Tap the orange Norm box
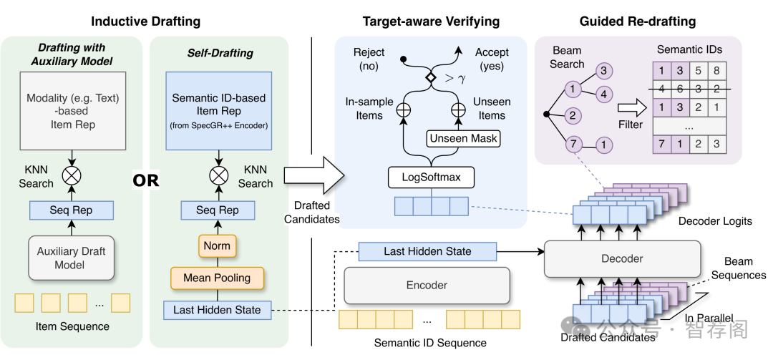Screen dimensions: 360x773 [x=217, y=245]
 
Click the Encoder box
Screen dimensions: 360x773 [x=427, y=285]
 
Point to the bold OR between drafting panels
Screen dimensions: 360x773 [x=145, y=180]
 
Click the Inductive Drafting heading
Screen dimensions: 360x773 [x=145, y=21]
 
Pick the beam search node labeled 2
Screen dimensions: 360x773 [x=573, y=115]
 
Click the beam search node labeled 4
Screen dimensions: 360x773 [x=603, y=93]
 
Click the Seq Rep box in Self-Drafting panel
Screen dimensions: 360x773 [x=217, y=210]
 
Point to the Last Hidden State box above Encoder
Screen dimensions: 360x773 [x=427, y=251]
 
